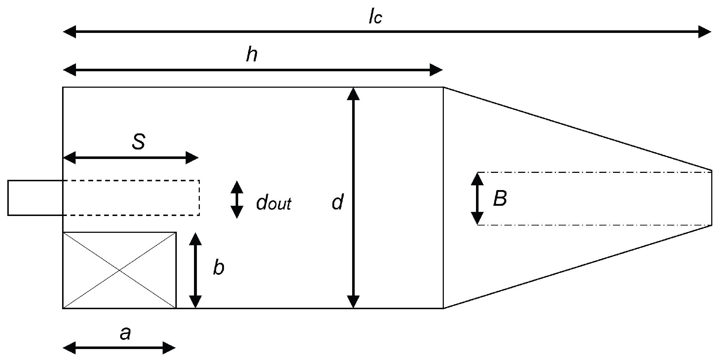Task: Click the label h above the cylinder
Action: (x=252, y=55)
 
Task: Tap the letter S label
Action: (x=138, y=142)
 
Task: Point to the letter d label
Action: (x=337, y=202)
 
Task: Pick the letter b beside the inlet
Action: (x=218, y=268)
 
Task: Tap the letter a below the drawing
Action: (x=125, y=333)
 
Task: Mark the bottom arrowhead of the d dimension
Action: (x=353, y=302)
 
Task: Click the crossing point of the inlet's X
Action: (x=119, y=270)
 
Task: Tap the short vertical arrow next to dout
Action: (x=237, y=200)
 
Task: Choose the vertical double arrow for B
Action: (x=477, y=198)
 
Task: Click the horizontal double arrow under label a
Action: (x=119, y=348)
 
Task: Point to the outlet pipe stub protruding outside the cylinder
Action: (x=35, y=198)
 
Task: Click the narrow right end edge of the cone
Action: (x=712, y=198)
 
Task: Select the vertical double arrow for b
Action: (x=195, y=270)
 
